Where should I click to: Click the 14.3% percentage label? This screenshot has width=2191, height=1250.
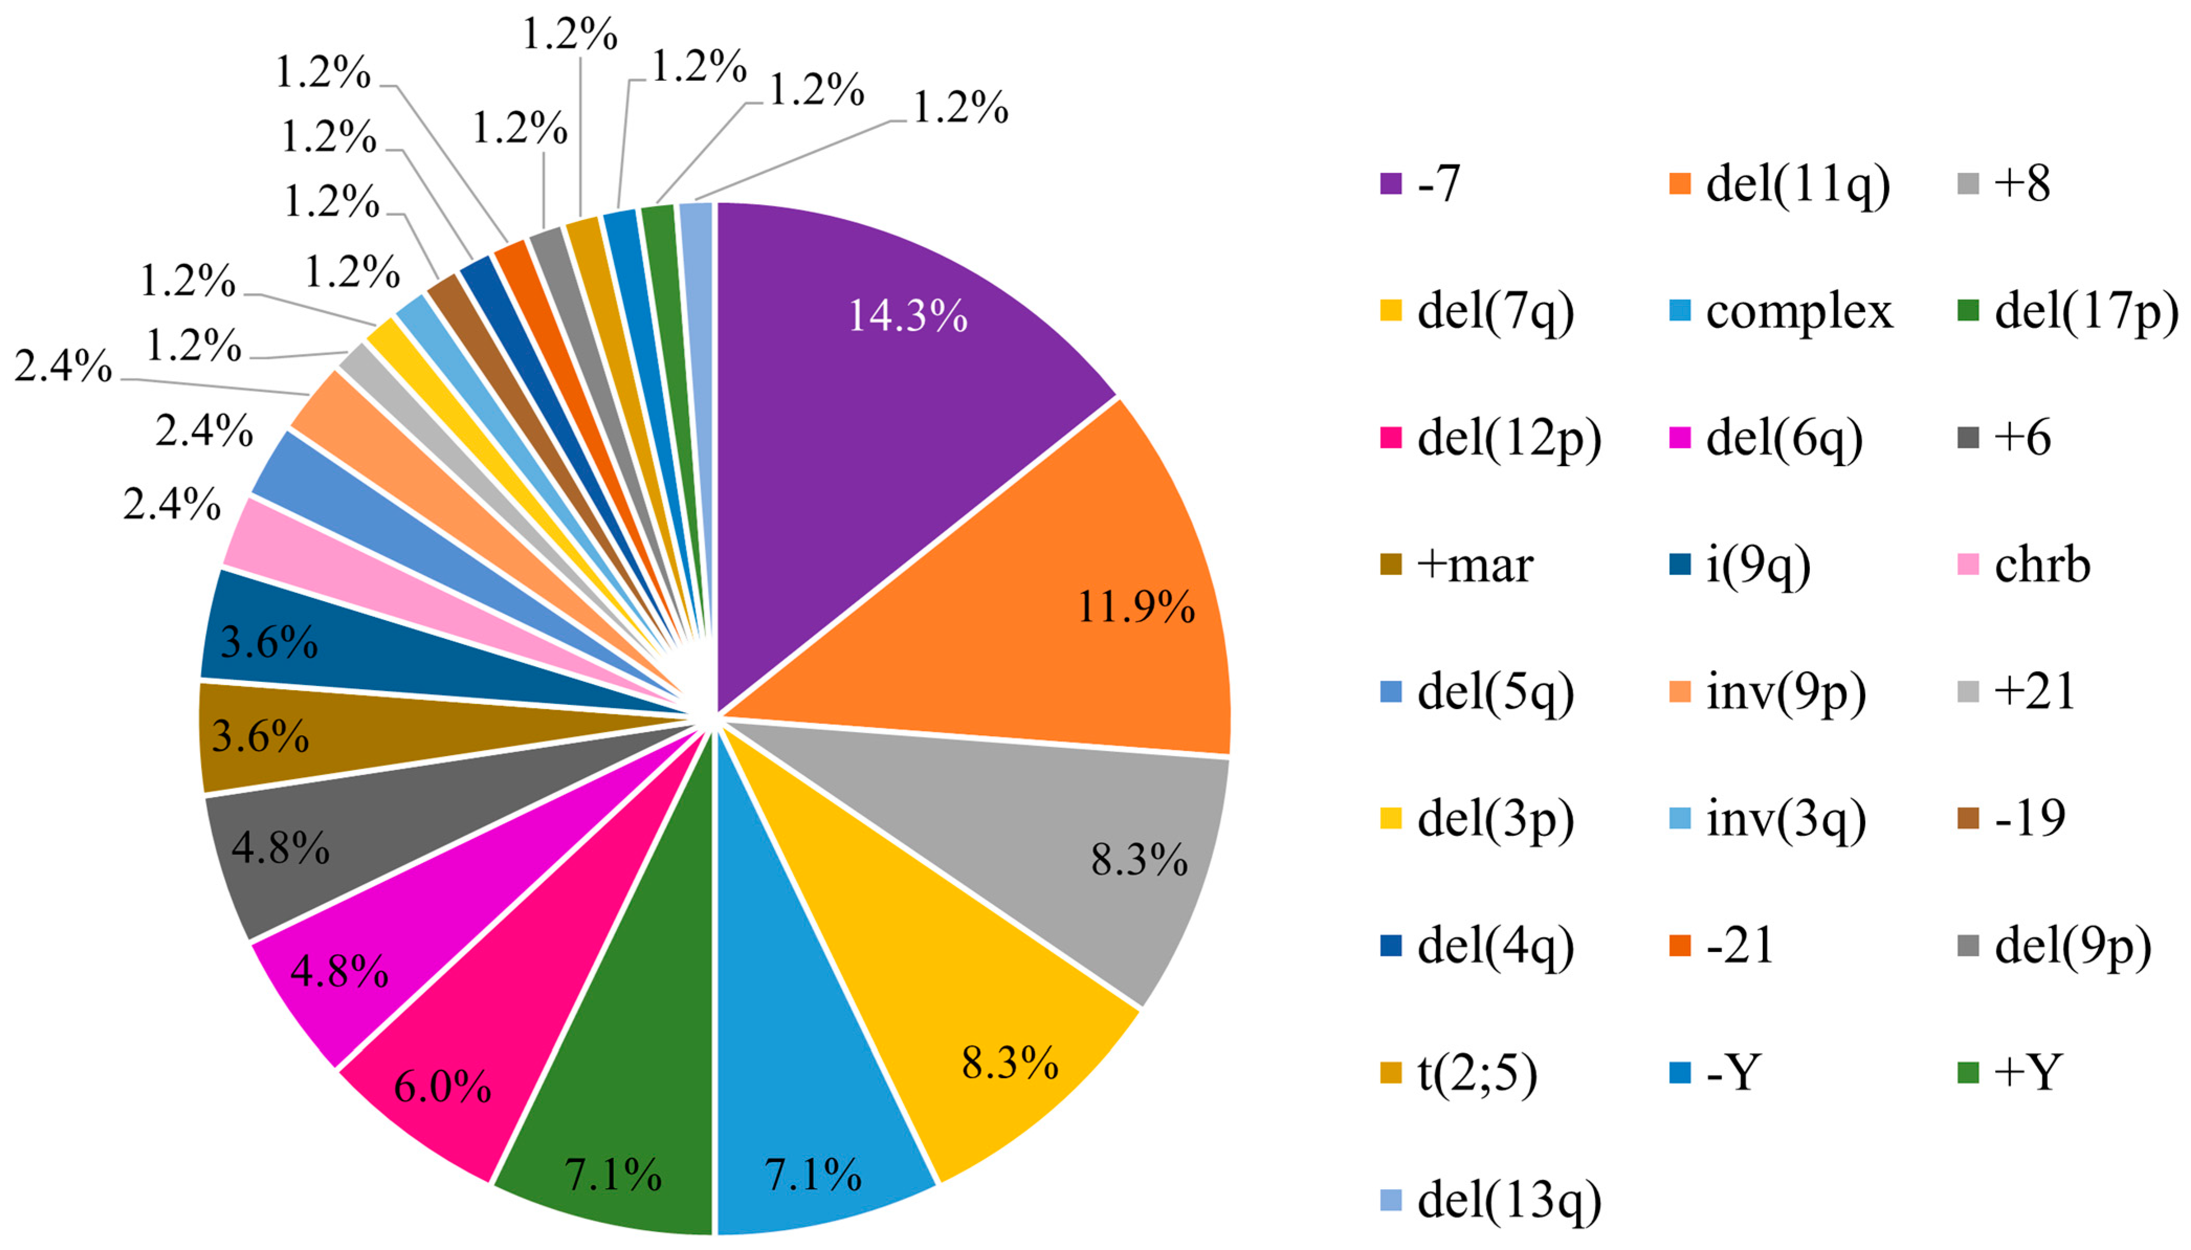[x=907, y=316]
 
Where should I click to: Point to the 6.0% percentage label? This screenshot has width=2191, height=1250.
[x=442, y=1087]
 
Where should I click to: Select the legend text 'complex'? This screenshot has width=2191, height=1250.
[x=1798, y=311]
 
